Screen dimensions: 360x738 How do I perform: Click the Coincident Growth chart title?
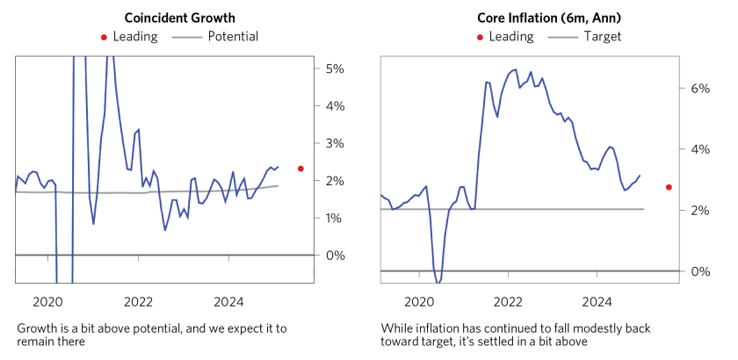tap(179, 18)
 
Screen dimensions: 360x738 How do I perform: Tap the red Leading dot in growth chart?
tap(300, 169)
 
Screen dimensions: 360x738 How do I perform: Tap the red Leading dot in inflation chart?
tap(669, 187)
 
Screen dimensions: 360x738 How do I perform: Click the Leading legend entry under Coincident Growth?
tap(128, 37)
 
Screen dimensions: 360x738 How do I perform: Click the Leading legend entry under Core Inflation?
tap(504, 37)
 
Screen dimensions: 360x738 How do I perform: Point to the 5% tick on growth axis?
tap(335, 68)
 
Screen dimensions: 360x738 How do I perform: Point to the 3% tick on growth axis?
tap(335, 143)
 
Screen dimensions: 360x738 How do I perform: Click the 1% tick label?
tap(335, 218)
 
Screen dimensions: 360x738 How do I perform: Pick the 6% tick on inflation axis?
tap(700, 89)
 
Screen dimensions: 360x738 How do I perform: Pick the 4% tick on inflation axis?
tap(700, 149)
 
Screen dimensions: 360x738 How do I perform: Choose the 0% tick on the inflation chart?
tap(700, 271)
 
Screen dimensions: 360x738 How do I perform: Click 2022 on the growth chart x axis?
tap(139, 302)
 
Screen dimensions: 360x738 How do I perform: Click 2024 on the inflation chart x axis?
tap(597, 302)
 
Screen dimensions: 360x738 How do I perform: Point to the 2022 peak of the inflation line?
tap(515, 68)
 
